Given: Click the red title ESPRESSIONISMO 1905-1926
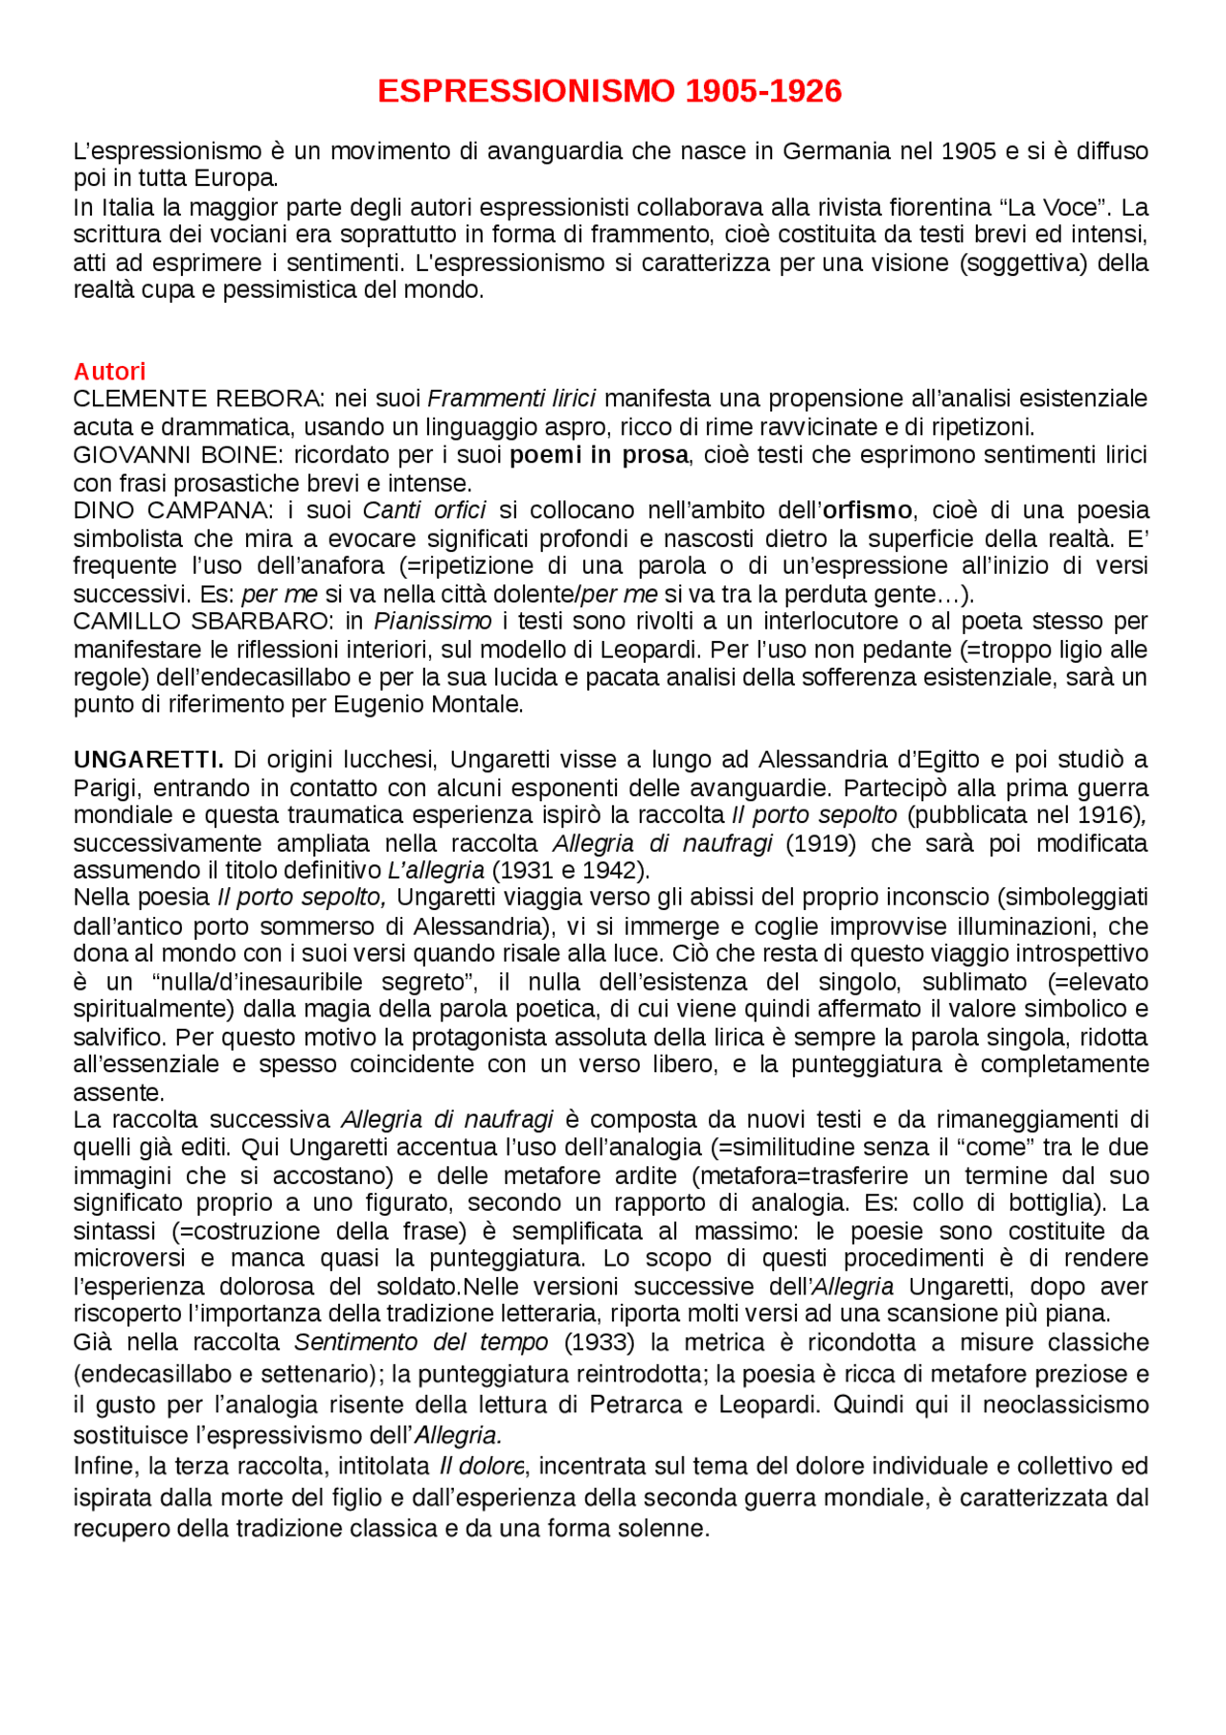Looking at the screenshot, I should tap(609, 91).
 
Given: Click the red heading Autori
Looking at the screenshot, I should tap(109, 372).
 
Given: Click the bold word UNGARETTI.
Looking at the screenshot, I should tap(148, 760).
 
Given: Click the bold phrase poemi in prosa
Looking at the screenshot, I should tap(599, 454).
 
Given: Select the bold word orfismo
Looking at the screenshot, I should tap(868, 511).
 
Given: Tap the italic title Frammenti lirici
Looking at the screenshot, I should tap(511, 399).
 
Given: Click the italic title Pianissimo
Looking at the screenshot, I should tap(433, 622).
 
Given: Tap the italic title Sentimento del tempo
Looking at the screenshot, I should tap(420, 1342).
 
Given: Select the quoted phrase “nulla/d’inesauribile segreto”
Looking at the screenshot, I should tap(314, 982).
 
